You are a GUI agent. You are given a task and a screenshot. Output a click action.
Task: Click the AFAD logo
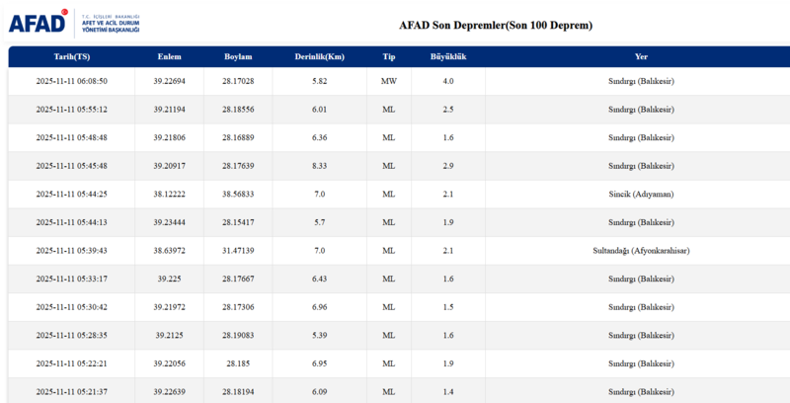tap(38, 22)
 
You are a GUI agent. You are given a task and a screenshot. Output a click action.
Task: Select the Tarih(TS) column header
tap(71, 56)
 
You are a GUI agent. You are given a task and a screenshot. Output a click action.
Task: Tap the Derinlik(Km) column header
tap(319, 56)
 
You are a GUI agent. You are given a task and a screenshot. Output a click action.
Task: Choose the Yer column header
tap(642, 56)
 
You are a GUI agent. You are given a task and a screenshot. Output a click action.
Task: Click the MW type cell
tap(388, 81)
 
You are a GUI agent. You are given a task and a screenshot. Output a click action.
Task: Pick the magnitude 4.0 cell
tap(448, 81)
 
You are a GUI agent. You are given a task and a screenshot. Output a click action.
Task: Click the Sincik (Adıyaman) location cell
tap(642, 195)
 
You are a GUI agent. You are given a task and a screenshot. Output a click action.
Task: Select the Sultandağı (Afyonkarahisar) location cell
tap(642, 251)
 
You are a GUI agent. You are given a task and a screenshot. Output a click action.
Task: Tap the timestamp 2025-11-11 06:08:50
tap(71, 81)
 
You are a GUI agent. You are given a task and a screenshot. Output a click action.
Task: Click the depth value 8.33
tap(319, 166)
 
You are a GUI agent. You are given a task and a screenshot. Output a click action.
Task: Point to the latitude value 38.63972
tap(169, 251)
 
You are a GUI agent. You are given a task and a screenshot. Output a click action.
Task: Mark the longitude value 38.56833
tap(239, 195)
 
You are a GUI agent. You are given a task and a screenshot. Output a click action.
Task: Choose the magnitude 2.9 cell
tap(448, 166)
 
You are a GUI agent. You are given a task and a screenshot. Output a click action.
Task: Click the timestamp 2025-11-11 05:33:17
tap(71, 279)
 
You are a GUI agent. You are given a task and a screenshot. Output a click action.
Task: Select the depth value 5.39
tap(319, 336)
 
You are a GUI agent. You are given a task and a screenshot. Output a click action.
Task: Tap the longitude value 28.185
tap(239, 363)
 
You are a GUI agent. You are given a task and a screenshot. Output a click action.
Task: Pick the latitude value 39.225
tap(169, 279)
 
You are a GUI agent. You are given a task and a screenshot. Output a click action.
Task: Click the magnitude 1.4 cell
tap(448, 392)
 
